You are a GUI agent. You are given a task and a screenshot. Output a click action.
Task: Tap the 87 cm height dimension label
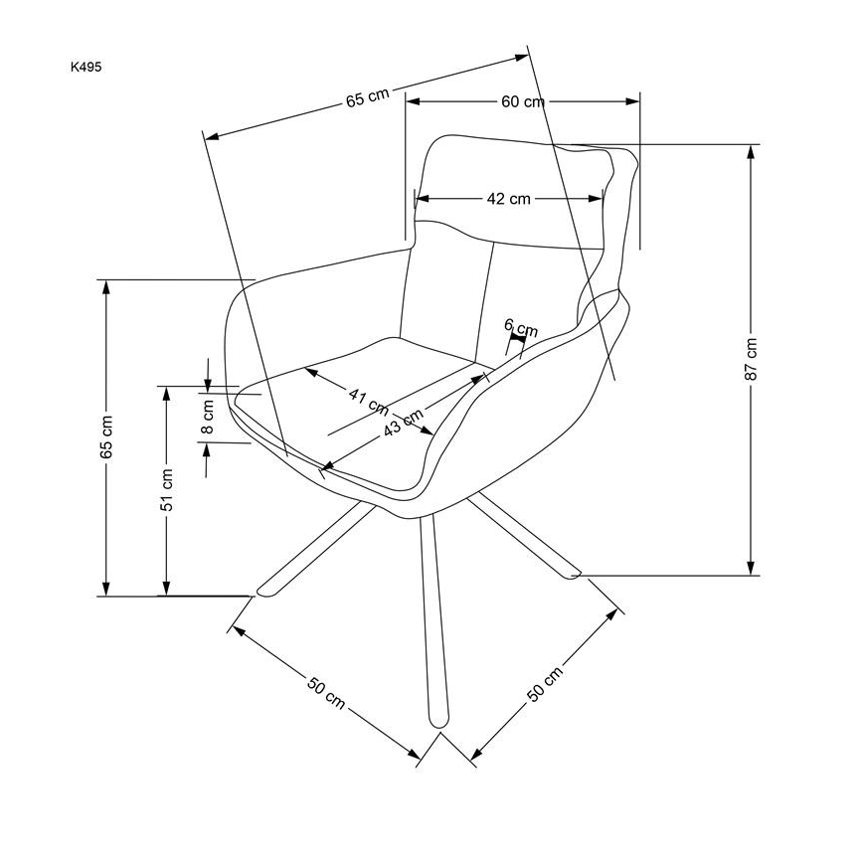click(x=752, y=359)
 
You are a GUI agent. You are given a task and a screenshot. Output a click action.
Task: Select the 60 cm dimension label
click(x=522, y=101)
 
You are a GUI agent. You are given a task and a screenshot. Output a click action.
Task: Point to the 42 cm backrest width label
click(x=508, y=199)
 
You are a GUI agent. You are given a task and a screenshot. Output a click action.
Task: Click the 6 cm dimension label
click(x=520, y=327)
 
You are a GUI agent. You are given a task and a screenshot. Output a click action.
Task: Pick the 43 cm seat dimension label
click(x=402, y=425)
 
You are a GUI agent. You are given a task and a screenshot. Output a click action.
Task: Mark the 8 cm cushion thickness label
click(x=208, y=416)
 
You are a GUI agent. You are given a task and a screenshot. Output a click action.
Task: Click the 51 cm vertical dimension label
click(x=168, y=489)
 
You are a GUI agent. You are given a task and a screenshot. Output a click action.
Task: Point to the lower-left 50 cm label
click(x=325, y=692)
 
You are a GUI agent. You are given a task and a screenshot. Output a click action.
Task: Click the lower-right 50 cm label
click(x=545, y=681)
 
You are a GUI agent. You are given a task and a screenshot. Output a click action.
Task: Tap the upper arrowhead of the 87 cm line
click(x=751, y=152)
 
